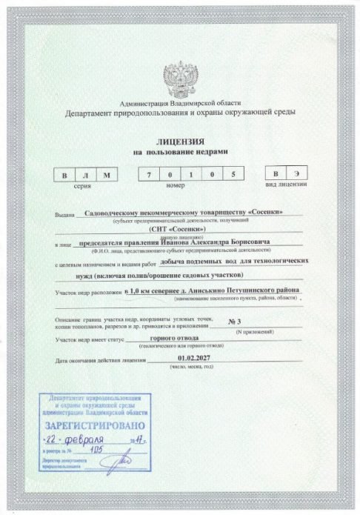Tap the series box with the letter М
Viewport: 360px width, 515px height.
(108, 174)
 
